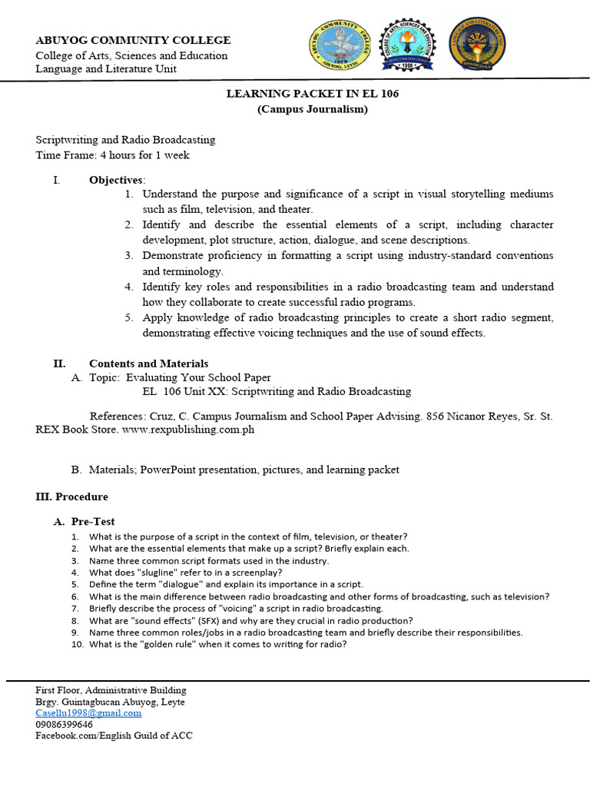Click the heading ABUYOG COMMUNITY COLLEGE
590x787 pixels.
coord(133,40)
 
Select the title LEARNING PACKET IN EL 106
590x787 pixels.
coord(312,94)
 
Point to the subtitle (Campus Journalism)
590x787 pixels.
coord(312,109)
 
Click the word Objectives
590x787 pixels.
coord(116,179)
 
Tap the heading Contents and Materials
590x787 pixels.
coord(148,364)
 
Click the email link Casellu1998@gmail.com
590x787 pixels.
coord(88,712)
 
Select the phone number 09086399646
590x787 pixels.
coord(65,724)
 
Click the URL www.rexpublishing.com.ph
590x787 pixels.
coord(188,430)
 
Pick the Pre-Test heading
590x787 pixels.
coord(93,522)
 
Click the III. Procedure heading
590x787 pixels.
coord(72,496)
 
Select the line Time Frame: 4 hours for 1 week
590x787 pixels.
coord(112,154)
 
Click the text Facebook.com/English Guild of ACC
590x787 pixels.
coord(114,736)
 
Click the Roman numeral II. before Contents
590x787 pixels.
coord(58,364)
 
